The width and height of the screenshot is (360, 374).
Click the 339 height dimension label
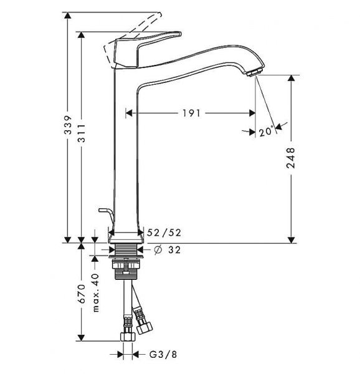tap(69, 125)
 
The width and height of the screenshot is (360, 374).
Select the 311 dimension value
tap(82, 133)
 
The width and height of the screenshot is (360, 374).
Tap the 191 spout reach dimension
tap(192, 113)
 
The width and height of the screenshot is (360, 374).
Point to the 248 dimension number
tap(291, 158)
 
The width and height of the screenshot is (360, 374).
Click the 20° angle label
tap(266, 131)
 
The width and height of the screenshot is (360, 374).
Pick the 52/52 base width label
tap(164, 233)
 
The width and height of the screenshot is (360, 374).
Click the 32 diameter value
tap(174, 250)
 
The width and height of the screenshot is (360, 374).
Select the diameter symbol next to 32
tap(158, 250)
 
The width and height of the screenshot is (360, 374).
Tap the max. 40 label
tap(95, 293)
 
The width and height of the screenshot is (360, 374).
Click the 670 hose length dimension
tap(82, 294)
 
